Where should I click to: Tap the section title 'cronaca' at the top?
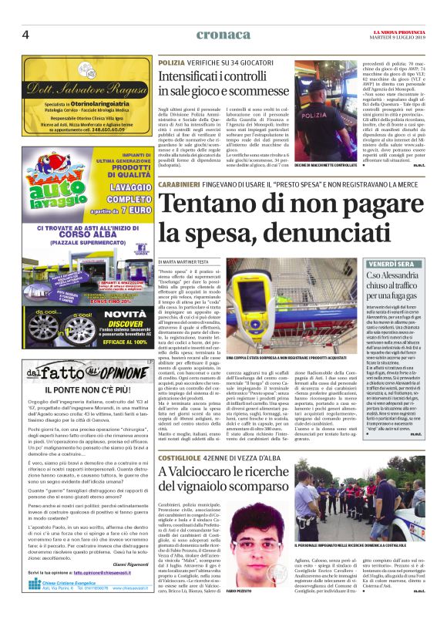pos(223,35)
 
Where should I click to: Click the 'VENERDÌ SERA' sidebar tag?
pos(390,264)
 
